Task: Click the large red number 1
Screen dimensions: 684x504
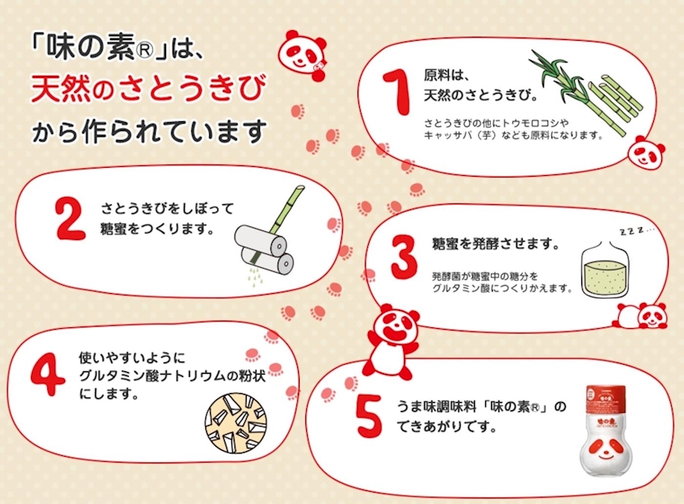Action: [397, 93]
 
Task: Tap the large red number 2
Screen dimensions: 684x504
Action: [70, 219]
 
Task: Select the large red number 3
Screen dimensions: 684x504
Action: [404, 257]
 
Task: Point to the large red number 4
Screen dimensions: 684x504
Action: [47, 374]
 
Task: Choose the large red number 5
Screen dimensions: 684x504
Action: [369, 415]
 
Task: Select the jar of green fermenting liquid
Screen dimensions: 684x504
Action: [606, 270]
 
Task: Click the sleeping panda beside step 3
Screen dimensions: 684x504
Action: [639, 315]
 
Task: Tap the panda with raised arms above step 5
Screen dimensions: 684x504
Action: [390, 341]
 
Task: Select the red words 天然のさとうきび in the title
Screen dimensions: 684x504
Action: [148, 88]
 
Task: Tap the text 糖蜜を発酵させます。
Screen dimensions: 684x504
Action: [496, 244]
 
